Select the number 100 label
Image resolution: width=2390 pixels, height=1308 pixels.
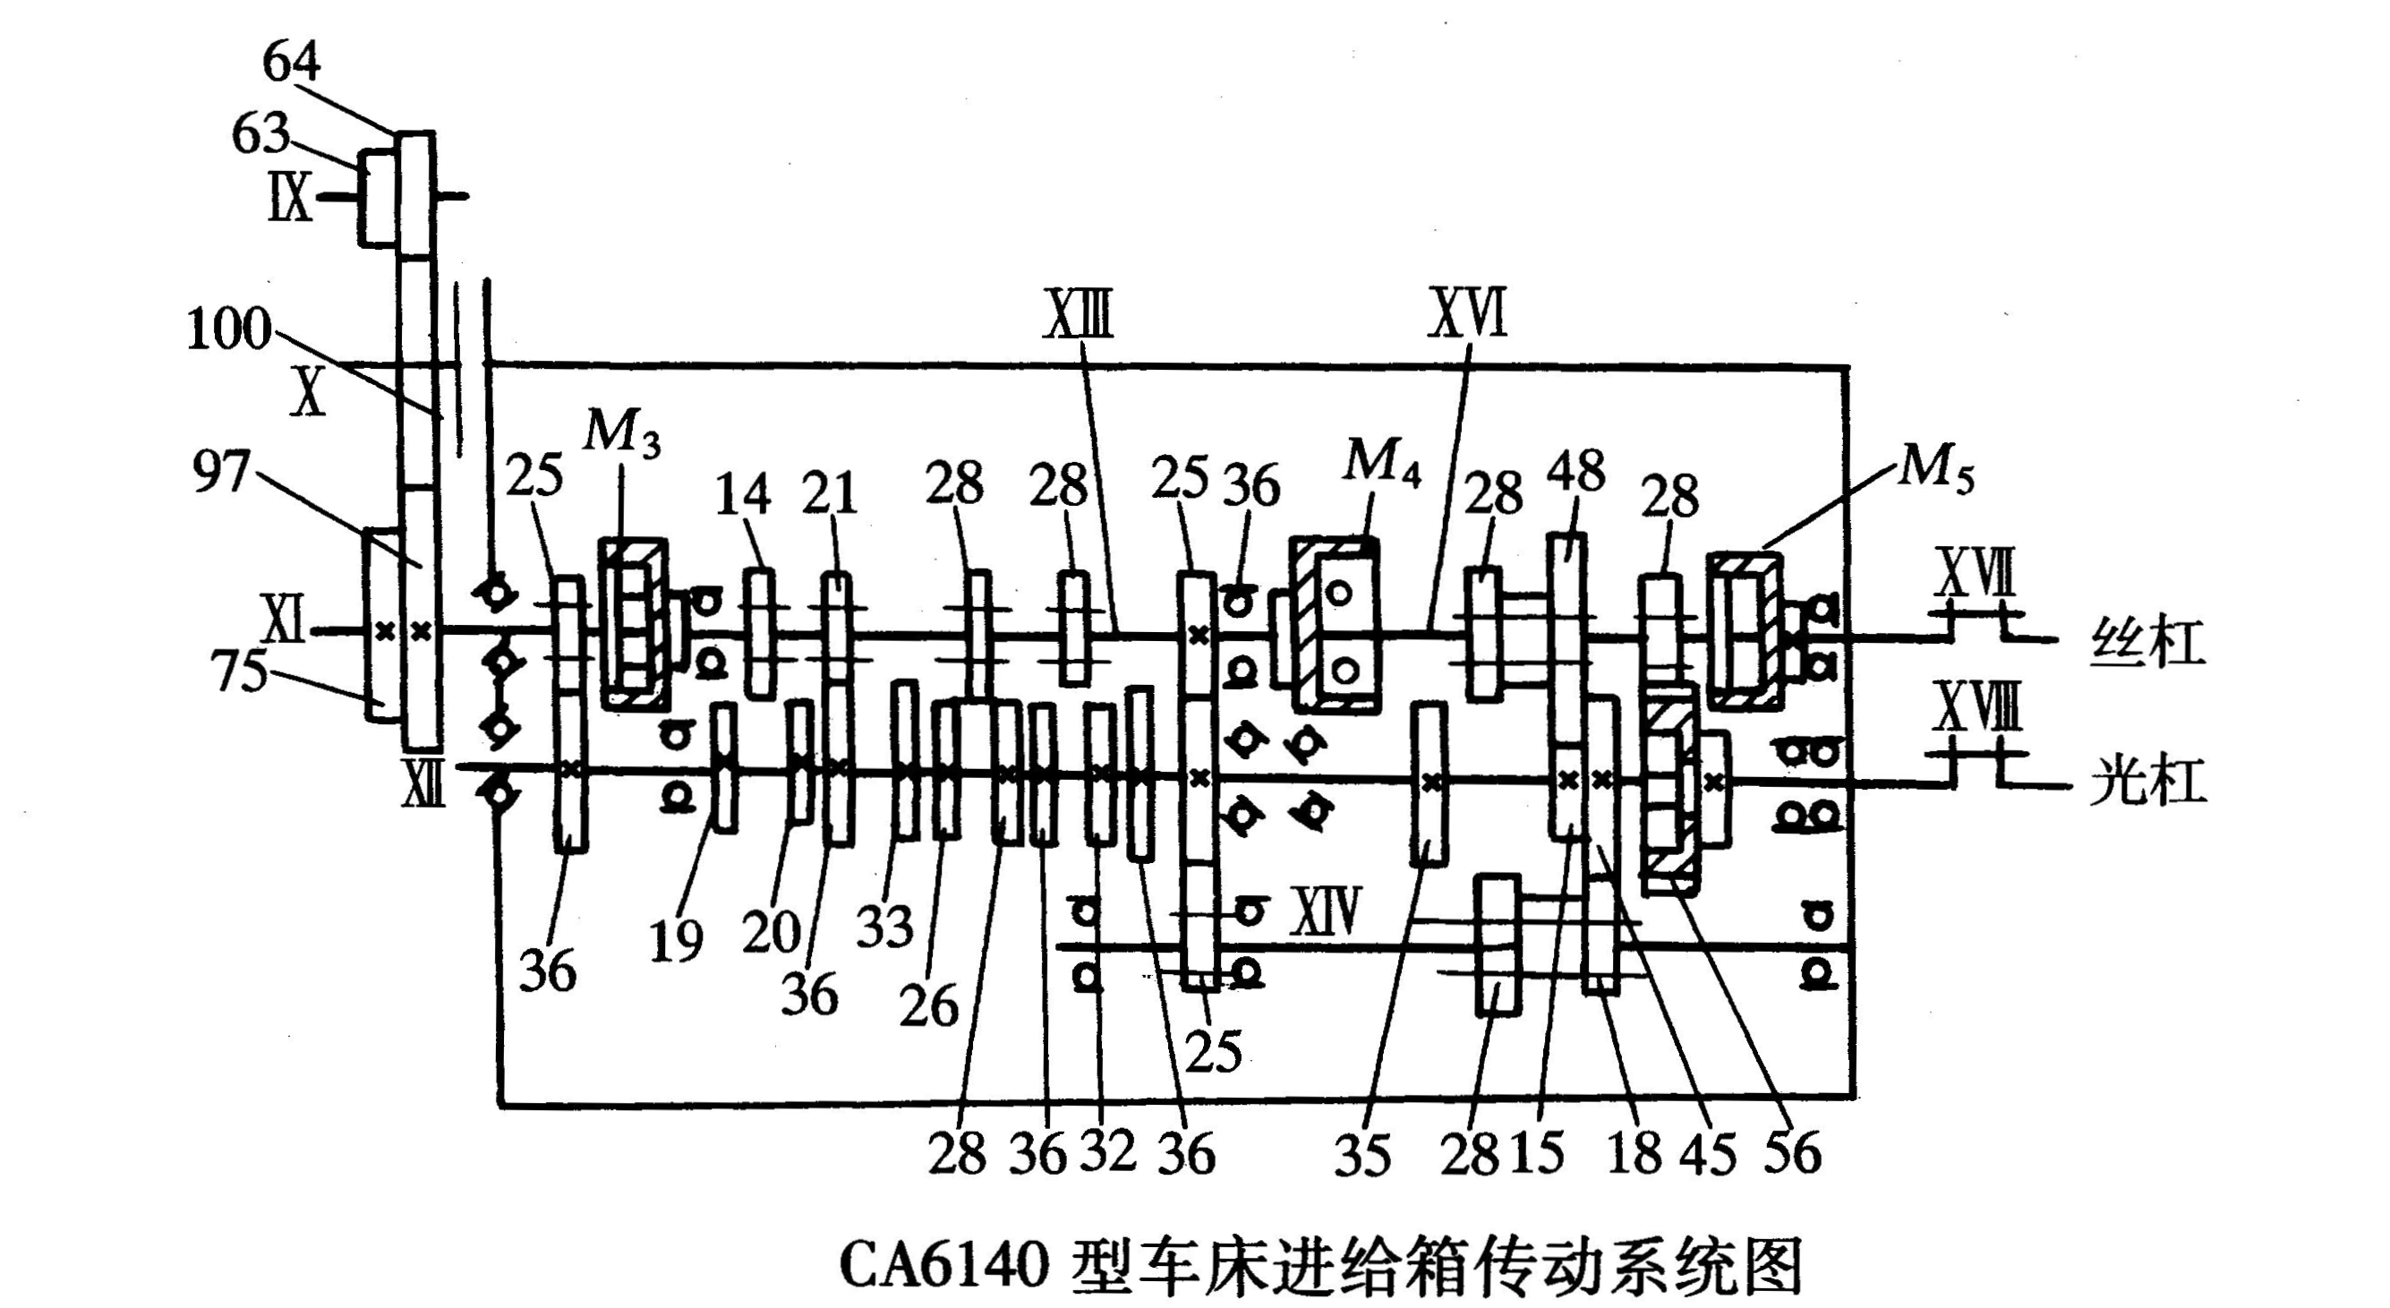pos(228,329)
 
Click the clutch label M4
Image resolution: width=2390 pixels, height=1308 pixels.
pos(1380,461)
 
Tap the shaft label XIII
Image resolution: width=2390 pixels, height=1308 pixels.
pos(1078,315)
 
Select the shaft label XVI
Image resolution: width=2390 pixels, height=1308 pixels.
pos(1469,313)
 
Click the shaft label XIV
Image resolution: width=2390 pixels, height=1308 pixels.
pos(1326,912)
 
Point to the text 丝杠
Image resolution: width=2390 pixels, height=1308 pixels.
pos(2147,643)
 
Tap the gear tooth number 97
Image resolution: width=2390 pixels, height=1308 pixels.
pos(221,473)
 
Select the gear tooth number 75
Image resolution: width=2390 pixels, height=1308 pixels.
pos(240,671)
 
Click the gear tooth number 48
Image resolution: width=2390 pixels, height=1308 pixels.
pos(1575,471)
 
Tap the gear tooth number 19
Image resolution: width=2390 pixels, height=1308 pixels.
pos(676,942)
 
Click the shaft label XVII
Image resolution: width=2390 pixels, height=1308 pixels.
pos(1975,573)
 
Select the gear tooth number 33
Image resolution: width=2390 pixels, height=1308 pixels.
pos(884,925)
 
